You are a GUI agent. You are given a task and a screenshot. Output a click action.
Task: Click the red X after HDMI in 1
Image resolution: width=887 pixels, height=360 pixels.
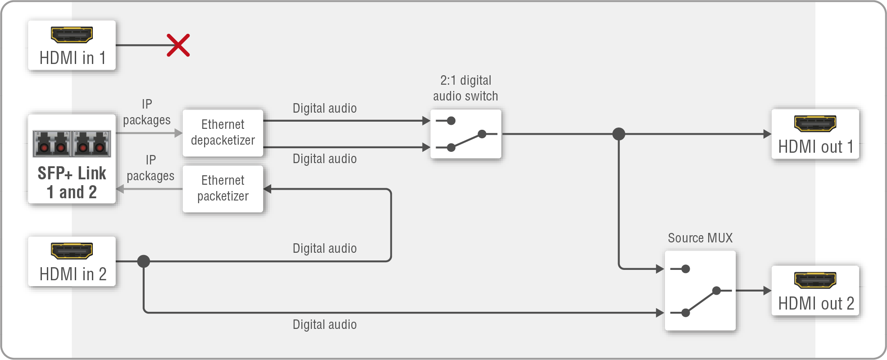178,45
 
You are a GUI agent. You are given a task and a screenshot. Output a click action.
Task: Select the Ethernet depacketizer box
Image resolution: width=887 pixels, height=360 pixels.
223,133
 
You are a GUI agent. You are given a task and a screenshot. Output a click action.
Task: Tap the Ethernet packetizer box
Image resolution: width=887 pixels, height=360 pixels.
223,189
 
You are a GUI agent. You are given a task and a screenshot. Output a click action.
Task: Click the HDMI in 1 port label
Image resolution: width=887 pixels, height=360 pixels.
73,58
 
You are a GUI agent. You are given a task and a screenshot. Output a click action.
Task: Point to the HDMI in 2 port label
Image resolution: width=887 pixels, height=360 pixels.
73,274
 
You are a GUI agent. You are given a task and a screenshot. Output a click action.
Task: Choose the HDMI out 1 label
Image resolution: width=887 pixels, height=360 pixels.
816,147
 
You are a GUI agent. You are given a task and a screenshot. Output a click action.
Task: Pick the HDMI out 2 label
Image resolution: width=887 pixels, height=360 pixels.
816,304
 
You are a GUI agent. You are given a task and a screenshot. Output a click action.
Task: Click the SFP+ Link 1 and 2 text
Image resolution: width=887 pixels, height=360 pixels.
72,182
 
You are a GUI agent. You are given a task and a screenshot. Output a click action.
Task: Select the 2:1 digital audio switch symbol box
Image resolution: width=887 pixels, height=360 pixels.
466,134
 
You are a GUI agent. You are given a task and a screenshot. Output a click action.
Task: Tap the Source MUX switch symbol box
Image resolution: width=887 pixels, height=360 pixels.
700,291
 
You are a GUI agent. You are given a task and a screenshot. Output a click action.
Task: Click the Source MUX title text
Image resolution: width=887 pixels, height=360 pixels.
700,238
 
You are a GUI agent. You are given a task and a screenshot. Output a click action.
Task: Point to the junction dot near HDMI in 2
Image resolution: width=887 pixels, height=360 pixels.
144,261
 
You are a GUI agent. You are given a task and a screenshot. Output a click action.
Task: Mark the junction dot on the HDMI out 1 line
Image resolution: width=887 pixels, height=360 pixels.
619,134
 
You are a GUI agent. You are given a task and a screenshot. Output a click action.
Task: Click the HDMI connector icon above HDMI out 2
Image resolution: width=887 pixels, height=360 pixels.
815,280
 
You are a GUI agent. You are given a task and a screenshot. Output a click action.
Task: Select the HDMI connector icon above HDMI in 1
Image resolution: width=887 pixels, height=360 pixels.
72,35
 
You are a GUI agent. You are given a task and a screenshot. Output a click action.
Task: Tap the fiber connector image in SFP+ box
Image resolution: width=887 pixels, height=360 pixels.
72,143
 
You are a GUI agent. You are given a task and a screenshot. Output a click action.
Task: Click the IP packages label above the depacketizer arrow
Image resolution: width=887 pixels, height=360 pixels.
147,112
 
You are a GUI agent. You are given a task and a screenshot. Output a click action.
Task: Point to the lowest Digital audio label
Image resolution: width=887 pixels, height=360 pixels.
324,324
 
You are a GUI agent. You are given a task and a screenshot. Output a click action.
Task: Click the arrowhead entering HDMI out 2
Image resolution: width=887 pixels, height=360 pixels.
767,291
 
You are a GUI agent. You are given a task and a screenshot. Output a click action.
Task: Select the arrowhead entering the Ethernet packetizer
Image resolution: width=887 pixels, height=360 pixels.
268,189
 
